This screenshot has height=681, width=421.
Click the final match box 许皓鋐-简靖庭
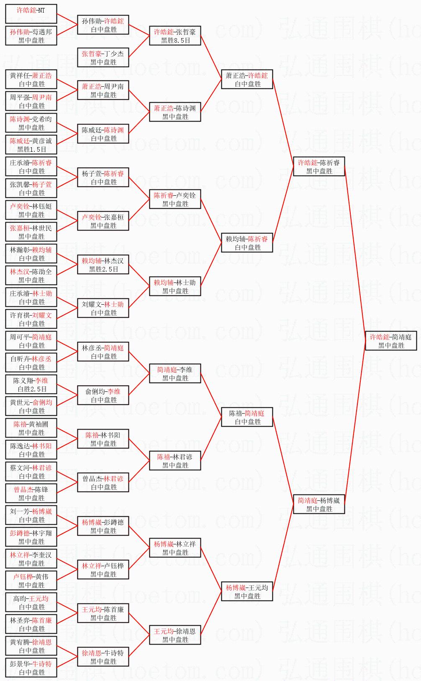point(391,341)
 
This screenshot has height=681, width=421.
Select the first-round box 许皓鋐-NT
point(31,14)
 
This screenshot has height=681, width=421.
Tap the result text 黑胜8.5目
point(175,41)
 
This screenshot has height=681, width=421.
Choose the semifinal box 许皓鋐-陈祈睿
point(319,166)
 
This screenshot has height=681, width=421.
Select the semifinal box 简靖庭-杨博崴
point(319,504)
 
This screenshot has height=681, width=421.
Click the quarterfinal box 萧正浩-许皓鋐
point(247,79)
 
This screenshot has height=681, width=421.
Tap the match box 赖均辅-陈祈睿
point(247,243)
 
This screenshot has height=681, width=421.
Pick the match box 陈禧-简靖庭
point(247,417)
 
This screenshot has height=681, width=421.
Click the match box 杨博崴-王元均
point(247,591)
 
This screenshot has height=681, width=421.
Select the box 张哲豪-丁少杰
point(103,57)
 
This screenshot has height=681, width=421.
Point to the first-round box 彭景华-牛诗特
point(31,668)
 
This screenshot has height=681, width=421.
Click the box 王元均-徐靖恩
point(175,635)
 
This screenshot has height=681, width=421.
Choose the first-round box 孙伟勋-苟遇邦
point(31,36)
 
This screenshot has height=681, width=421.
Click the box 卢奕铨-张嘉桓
point(103,221)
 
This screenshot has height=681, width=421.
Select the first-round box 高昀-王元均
point(31,602)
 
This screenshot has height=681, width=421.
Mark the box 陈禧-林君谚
point(175,461)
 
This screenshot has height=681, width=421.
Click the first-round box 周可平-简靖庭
point(31,341)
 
